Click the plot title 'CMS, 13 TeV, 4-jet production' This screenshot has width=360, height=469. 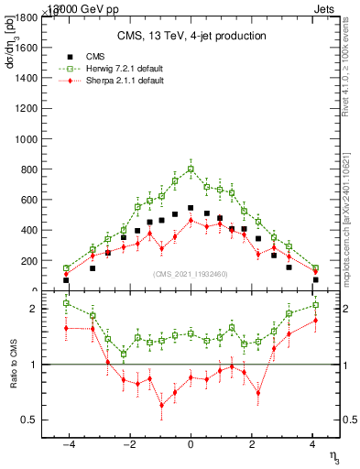coord(191,36)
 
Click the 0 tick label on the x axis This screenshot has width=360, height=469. coord(191,445)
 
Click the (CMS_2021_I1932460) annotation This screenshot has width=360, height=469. coord(191,274)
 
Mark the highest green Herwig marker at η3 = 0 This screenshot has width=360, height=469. coord(191,169)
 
